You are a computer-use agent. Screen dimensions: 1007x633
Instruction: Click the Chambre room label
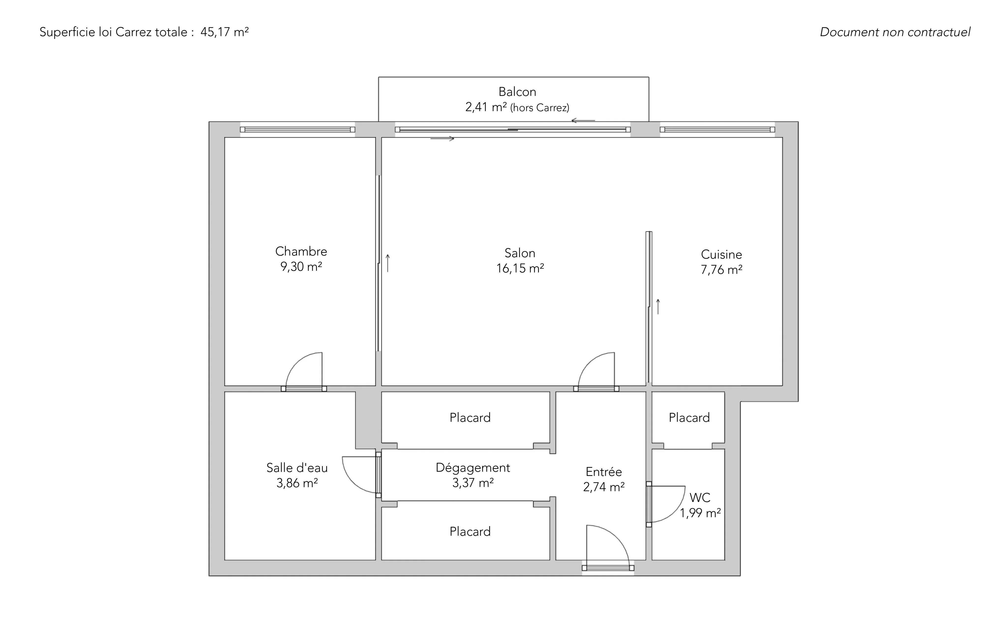301,251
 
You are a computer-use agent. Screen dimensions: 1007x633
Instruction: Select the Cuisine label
721,254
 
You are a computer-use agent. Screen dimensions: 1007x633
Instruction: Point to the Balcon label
517,92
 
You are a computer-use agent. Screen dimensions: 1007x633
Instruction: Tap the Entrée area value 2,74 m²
604,487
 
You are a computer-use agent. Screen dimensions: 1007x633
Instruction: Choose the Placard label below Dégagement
470,531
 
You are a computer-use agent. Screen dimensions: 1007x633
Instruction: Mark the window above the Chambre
297,130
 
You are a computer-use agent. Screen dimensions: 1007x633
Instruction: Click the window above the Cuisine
717,130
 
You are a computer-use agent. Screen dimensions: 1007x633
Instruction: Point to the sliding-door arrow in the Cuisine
658,306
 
